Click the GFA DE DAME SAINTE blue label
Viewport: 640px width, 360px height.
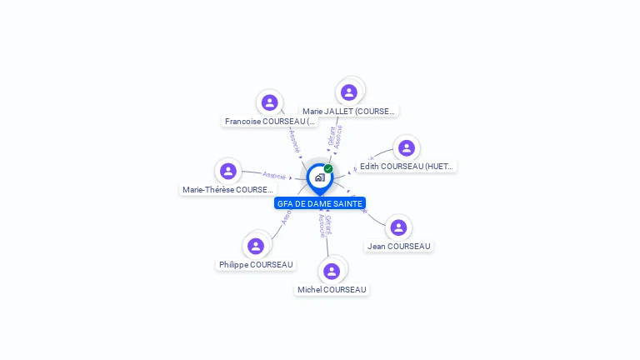pyautogui.click(x=320, y=203)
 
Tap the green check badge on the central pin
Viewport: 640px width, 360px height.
pyautogui.click(x=328, y=169)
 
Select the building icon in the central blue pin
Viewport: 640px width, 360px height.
pyautogui.click(x=319, y=177)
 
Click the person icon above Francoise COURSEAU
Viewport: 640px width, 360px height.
pyautogui.click(x=269, y=102)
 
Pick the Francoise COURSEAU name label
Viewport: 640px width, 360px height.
pyautogui.click(x=270, y=122)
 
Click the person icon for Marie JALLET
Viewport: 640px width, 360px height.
pyautogui.click(x=349, y=92)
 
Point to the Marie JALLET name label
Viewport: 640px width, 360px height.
pyautogui.click(x=348, y=112)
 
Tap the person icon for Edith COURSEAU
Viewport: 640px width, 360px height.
pyautogui.click(x=407, y=148)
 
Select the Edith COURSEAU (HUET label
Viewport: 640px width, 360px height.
pyautogui.click(x=407, y=167)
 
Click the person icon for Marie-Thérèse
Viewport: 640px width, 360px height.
pyautogui.click(x=228, y=171)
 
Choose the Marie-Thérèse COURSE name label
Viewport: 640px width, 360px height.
pyautogui.click(x=228, y=190)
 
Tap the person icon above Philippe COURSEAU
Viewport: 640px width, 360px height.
pyautogui.click(x=256, y=246)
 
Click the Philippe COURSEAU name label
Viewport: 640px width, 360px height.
pyautogui.click(x=257, y=265)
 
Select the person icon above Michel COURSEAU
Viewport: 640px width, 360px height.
pyautogui.click(x=332, y=271)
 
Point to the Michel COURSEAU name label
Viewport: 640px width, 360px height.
pyautogui.click(x=332, y=290)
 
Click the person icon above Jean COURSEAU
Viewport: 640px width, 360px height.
pyautogui.click(x=399, y=227)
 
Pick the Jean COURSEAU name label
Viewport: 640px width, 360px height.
pyautogui.click(x=399, y=247)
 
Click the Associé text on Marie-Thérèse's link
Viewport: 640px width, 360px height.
pyautogui.click(x=274, y=175)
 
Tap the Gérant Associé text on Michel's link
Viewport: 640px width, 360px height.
pyautogui.click(x=324, y=226)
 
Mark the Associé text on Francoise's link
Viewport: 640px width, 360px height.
pyautogui.click(x=294, y=139)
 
